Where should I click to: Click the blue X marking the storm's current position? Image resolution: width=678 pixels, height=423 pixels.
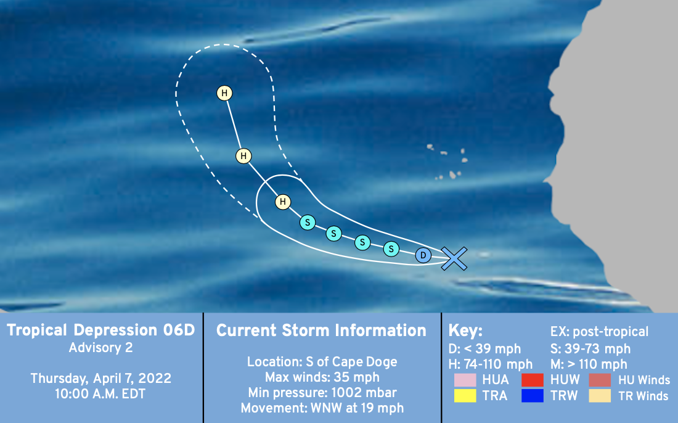[x=454, y=258]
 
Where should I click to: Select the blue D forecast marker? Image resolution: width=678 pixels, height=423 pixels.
[x=423, y=255]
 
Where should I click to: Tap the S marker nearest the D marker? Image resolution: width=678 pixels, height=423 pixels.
[x=391, y=248]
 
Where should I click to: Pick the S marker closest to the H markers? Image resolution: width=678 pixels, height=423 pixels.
[x=308, y=223]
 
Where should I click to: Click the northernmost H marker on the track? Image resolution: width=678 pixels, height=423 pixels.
[x=224, y=93]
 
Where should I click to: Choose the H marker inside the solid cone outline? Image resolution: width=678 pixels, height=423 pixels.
[x=283, y=202]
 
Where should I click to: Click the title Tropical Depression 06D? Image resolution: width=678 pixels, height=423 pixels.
[x=101, y=330]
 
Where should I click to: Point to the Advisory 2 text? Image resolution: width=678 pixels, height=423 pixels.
[x=100, y=348]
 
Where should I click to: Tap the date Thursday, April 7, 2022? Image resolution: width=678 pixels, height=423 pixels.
[x=100, y=379]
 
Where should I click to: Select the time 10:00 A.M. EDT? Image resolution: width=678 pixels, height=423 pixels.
[x=100, y=394]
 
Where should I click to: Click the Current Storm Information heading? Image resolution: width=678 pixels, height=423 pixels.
[x=321, y=331]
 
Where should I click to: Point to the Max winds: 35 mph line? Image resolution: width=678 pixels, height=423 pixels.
[x=322, y=377]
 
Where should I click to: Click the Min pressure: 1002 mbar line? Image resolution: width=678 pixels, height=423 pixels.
[x=322, y=393]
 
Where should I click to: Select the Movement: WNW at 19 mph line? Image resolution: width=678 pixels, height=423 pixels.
[x=322, y=408]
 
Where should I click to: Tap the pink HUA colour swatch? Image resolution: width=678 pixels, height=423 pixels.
[x=465, y=380]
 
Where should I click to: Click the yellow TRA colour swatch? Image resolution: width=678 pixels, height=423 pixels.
[x=465, y=396]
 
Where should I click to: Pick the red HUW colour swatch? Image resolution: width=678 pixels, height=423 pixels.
[x=533, y=380]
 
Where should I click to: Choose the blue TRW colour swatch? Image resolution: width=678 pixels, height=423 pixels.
[x=533, y=396]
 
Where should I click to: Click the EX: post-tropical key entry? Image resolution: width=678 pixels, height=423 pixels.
[x=599, y=332]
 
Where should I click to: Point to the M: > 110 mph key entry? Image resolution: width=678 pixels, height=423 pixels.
[x=589, y=364]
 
